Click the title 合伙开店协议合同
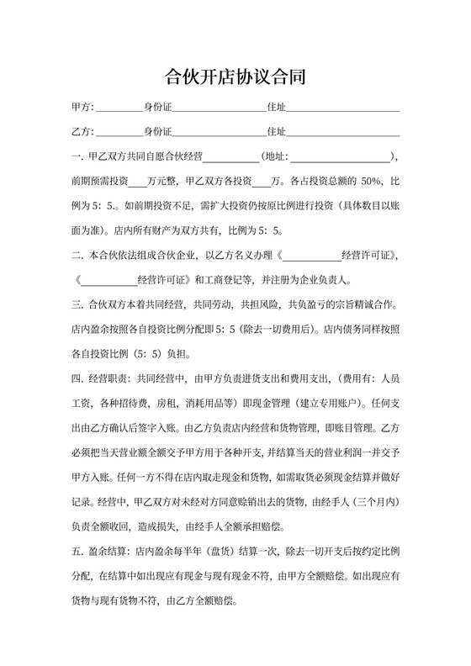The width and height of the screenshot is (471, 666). point(235,78)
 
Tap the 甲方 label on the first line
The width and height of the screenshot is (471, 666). point(82,108)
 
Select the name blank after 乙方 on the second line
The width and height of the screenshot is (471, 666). point(121,133)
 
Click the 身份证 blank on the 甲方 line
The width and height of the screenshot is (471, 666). point(219,108)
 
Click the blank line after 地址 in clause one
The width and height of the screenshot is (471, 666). point(340,156)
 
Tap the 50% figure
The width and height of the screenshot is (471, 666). point(370,181)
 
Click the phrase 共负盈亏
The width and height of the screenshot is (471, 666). point(290,302)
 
